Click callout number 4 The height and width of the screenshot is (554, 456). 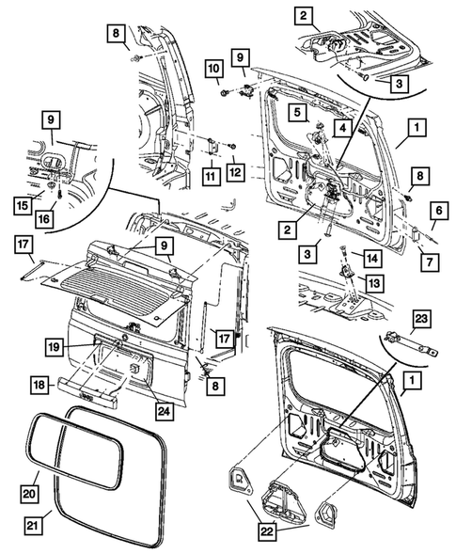tap(343, 127)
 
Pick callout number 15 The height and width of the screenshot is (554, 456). tap(20, 206)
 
